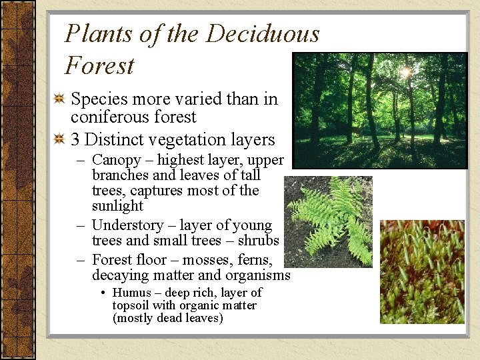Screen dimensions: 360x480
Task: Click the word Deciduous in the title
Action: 263,34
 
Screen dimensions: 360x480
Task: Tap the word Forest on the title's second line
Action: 99,66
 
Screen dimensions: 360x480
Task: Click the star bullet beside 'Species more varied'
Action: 60,99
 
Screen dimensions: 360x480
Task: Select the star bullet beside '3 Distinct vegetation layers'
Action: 60,139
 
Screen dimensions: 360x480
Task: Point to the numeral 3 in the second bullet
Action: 75,140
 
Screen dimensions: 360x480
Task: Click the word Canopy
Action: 116,161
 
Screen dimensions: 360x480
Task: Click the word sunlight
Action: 117,206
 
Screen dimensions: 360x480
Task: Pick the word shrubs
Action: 258,241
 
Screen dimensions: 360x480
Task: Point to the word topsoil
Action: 131,305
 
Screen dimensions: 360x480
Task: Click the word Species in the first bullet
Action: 99,100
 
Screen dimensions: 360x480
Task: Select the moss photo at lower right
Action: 422,272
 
